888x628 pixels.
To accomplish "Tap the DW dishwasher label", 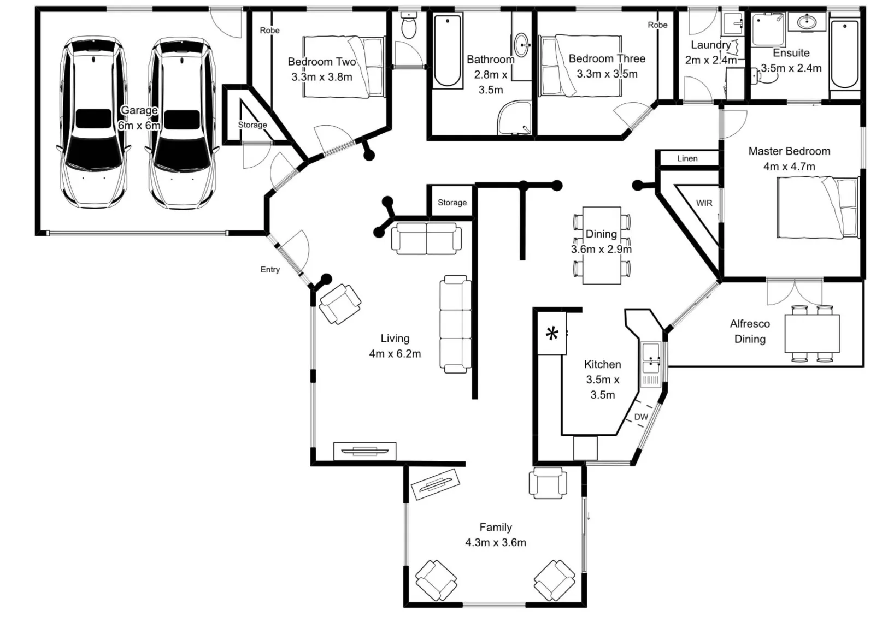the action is (641, 417).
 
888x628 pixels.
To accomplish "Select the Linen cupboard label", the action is (687, 158).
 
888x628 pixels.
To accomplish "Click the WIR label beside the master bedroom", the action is (704, 203).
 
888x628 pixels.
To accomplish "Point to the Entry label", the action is (270, 269).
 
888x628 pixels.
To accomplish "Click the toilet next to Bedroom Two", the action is (408, 25).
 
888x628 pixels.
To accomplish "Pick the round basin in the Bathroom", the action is (522, 45).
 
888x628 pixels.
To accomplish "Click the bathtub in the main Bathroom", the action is (448, 51).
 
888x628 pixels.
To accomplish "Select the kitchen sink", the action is (650, 359).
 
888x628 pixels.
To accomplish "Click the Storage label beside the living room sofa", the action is (452, 203).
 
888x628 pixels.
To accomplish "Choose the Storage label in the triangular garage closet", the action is (252, 125).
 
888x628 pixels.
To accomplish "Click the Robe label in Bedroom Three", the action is (658, 25).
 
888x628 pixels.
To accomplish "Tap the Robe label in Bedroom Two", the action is (269, 31).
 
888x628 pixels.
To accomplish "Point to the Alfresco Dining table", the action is (812, 333).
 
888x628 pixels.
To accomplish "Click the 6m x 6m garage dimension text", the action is (139, 126).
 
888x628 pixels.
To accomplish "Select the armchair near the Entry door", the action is (340, 304).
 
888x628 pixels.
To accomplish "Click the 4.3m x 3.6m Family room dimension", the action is (496, 542).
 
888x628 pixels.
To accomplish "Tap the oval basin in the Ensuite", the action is (807, 22).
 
